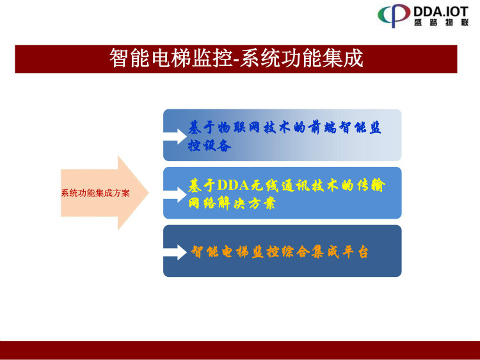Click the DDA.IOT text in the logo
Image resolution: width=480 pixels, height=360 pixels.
(441, 12)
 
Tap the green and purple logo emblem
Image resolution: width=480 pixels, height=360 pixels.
(394, 15)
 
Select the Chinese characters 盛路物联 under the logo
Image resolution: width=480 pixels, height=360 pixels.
(441, 22)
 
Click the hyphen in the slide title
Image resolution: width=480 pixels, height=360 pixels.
(236, 60)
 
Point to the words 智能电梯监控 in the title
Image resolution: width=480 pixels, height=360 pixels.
(171, 58)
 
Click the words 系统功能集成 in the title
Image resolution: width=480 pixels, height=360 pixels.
(301, 58)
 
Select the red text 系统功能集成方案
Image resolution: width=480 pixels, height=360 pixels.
(95, 193)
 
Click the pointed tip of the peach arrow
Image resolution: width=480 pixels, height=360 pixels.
(148, 192)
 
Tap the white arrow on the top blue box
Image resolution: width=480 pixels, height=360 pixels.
(175, 136)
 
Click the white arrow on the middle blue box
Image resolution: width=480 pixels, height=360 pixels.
(175, 194)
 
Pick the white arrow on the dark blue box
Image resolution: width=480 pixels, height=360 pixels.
(175, 253)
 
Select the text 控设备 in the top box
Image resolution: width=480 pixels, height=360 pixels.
(210, 145)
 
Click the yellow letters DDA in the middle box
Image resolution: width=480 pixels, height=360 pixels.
(233, 185)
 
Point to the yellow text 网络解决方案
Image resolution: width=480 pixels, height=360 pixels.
(232, 203)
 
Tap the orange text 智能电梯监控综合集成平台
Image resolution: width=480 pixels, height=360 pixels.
(280, 252)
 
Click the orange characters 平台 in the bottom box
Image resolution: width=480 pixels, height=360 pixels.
(355, 252)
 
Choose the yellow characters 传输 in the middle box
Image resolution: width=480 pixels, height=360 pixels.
(371, 185)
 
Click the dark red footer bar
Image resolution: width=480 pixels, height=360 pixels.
(240, 350)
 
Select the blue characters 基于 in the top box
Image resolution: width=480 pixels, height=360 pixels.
(201, 127)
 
